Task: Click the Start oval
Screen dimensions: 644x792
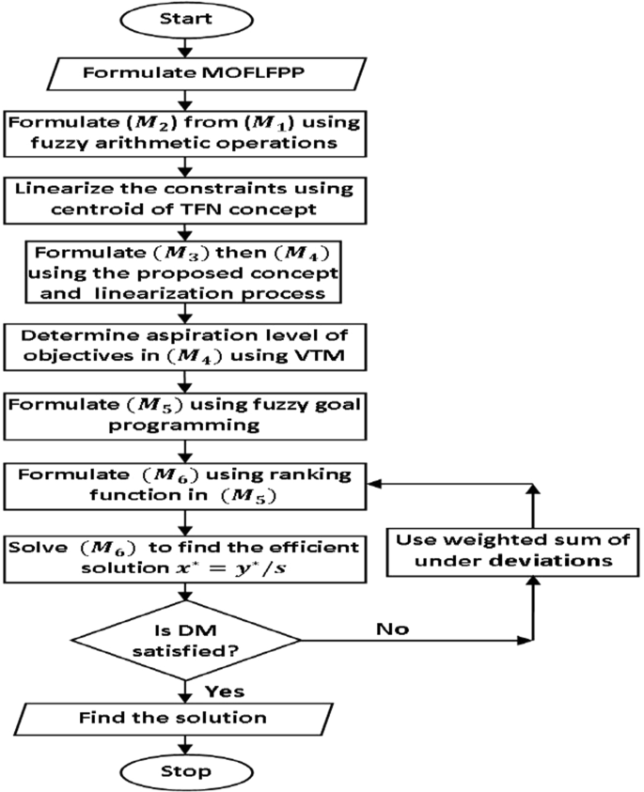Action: click(x=186, y=20)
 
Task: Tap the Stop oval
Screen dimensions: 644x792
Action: click(x=186, y=771)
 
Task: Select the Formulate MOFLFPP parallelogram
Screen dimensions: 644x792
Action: click(x=206, y=73)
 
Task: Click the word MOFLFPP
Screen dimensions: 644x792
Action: click(x=253, y=72)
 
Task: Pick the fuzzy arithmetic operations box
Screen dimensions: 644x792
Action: click(x=185, y=133)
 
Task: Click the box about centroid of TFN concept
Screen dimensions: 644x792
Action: click(x=185, y=200)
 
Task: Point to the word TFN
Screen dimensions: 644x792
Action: click(x=206, y=210)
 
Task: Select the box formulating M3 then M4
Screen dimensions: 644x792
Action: click(x=183, y=272)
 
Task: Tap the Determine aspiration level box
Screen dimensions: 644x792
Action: click(x=185, y=347)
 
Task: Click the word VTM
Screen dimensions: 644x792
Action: click(x=319, y=355)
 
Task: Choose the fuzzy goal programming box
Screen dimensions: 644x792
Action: click(x=185, y=416)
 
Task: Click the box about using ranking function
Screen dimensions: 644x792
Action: click(x=185, y=486)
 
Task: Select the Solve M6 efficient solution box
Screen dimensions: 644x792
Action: click(x=185, y=559)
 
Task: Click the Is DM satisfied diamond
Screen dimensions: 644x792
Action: click(x=186, y=640)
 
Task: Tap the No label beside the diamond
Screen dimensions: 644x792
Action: click(x=392, y=629)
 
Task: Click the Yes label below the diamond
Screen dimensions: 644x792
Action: click(x=225, y=691)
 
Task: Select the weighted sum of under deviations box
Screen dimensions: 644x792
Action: click(x=512, y=552)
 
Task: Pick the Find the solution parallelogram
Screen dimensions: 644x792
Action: click(x=173, y=719)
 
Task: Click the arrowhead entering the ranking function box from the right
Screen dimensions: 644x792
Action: click(x=374, y=484)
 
